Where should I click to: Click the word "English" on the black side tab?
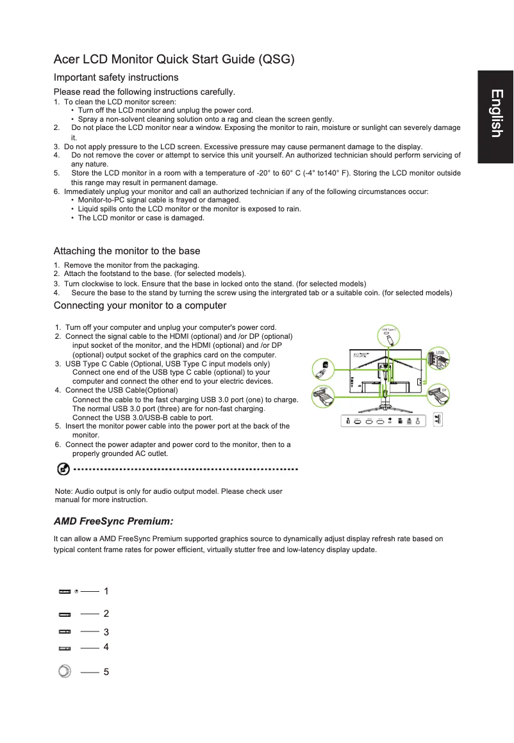click(495, 113)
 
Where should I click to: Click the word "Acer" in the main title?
click(67, 60)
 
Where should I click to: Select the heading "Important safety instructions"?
click(116, 78)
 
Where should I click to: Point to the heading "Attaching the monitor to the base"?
click(127, 251)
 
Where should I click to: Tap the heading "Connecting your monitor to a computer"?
click(140, 306)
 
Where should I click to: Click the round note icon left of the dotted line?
click(63, 469)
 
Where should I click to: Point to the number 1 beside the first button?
click(106, 591)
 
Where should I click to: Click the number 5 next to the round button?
click(106, 672)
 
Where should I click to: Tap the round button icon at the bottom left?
click(64, 671)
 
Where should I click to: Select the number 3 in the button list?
click(106, 632)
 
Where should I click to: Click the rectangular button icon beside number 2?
click(65, 614)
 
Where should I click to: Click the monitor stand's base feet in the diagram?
click(385, 410)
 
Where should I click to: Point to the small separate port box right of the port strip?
click(438, 420)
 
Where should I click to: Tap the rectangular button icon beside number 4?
click(65, 648)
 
